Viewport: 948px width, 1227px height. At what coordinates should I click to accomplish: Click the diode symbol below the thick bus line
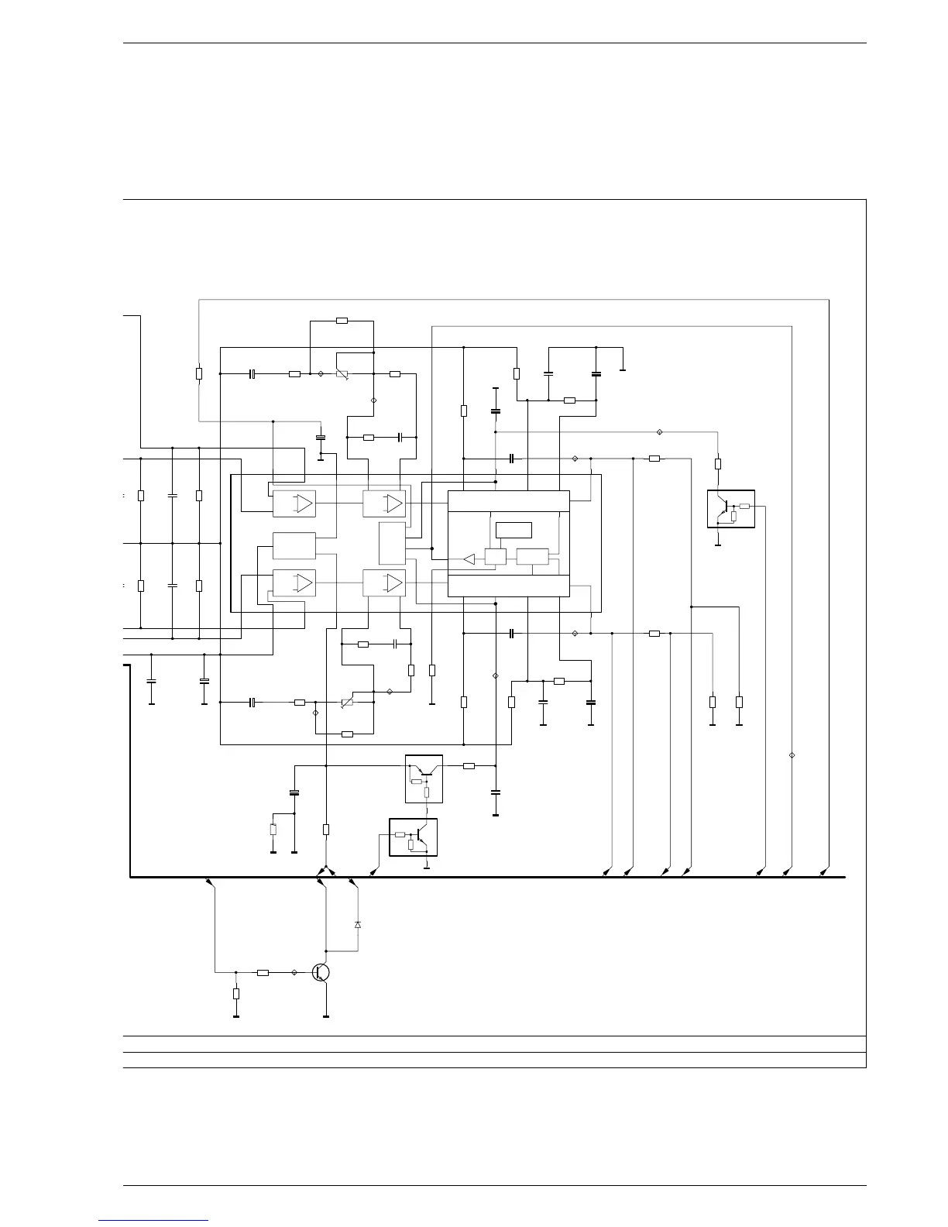pos(357,925)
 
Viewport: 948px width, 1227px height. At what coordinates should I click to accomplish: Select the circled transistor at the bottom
pos(321,972)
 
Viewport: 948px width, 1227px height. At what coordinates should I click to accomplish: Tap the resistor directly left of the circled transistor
pos(263,972)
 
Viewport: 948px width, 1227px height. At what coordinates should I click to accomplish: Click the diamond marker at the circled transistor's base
pos(294,972)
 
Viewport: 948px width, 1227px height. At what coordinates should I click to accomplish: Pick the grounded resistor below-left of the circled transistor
pos(236,994)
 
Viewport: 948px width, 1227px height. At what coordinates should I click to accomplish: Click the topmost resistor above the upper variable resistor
pos(342,320)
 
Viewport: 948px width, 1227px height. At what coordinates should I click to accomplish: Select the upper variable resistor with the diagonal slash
pos(342,374)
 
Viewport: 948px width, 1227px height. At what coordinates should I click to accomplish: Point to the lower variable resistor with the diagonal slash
pos(348,703)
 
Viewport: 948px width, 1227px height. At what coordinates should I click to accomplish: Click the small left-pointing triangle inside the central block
pos(469,559)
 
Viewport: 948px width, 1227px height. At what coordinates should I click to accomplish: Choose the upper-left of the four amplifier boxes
pos(294,504)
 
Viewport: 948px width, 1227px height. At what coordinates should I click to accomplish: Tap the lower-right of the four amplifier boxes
pos(384,582)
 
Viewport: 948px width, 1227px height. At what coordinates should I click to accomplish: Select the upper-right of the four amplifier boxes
pos(384,504)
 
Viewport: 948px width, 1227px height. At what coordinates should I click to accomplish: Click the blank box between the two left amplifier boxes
pos(294,545)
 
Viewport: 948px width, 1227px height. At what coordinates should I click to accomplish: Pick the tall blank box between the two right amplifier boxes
pos(392,543)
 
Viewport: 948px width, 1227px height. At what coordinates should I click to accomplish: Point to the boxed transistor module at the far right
pos(730,509)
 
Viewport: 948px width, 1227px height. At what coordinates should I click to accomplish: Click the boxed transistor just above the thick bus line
pos(413,837)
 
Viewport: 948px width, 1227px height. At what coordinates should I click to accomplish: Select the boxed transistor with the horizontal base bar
pos(424,778)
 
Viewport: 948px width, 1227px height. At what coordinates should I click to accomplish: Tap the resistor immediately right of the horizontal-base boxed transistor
pos(469,766)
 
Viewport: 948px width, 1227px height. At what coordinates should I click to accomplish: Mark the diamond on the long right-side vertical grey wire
pos(792,755)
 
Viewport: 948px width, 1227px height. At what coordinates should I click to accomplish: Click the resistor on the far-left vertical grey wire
pos(199,374)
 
